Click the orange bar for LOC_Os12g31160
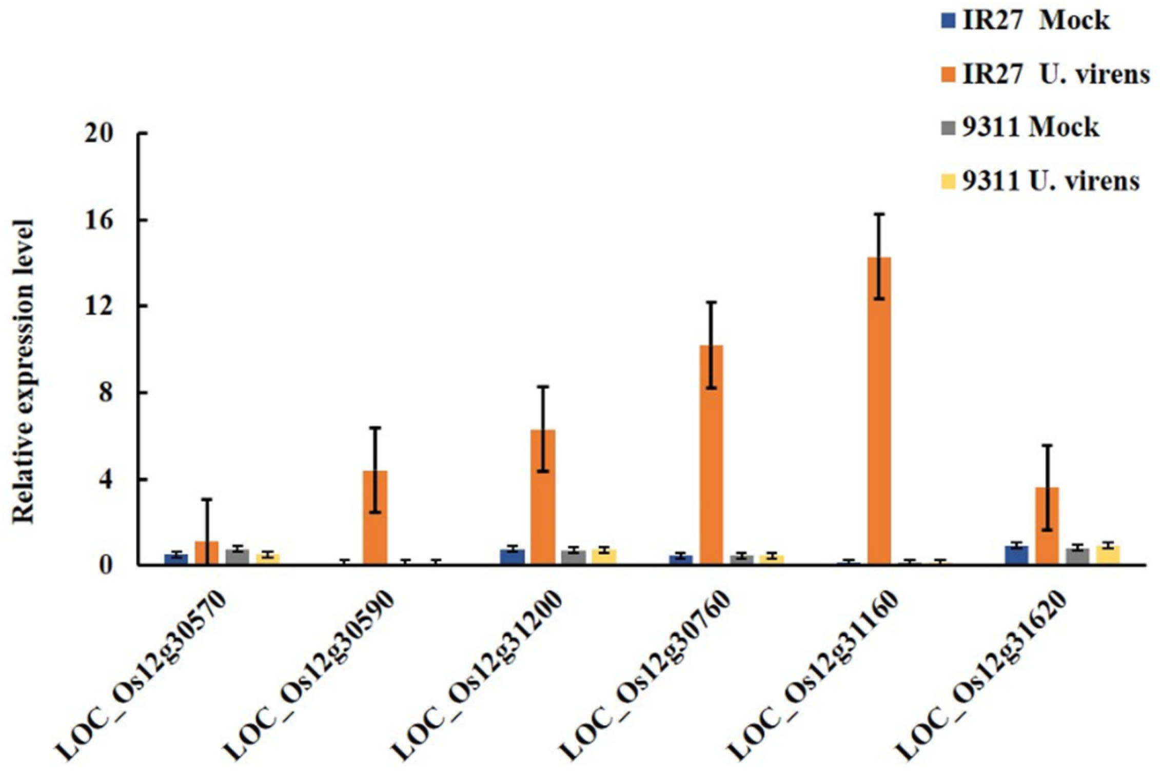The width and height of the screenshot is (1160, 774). click(879, 410)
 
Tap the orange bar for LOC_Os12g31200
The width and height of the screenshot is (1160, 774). click(543, 497)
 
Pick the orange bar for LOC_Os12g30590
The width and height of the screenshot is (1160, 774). click(375, 518)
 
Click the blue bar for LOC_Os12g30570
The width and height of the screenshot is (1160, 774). click(176, 559)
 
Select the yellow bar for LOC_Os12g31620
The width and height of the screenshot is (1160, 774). click(1108, 555)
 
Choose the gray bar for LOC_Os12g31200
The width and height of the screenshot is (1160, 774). click(573, 557)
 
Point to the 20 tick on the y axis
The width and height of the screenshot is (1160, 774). click(142, 133)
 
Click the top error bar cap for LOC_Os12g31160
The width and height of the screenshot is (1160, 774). click(879, 214)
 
